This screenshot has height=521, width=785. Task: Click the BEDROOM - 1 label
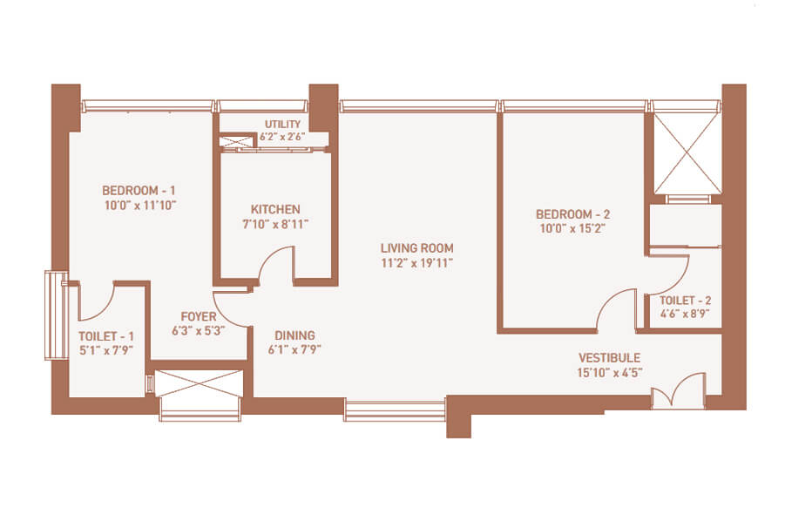click(139, 191)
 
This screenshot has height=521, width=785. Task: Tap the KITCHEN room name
click(275, 209)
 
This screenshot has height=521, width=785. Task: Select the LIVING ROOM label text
click(417, 247)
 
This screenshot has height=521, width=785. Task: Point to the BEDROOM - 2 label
click(572, 214)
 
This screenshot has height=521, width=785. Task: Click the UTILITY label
click(283, 124)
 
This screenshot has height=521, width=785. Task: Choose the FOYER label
click(199, 316)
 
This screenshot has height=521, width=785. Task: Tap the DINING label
click(294, 335)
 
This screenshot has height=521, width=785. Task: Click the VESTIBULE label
click(609, 358)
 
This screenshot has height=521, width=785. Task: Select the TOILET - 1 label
click(106, 336)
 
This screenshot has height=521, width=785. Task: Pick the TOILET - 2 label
click(685, 301)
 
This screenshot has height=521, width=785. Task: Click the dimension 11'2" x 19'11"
click(417, 263)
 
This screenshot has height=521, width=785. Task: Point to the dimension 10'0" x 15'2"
click(572, 229)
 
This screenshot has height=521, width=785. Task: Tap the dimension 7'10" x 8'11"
click(275, 224)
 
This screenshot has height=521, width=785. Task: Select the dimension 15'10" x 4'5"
click(609, 372)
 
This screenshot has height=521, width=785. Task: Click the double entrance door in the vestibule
click(679, 391)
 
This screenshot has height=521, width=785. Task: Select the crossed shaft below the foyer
click(200, 382)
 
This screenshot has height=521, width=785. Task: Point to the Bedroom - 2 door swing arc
click(607, 300)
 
